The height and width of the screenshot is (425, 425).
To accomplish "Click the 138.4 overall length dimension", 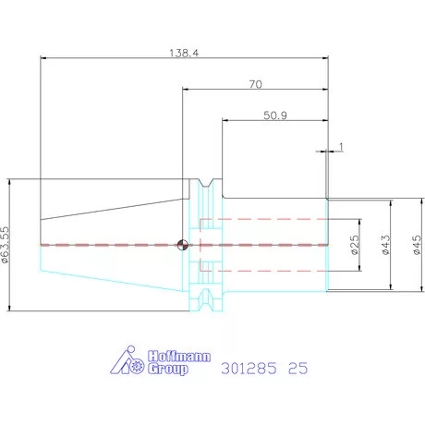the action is click(184, 53).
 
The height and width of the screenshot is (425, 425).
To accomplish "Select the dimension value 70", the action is click(256, 84).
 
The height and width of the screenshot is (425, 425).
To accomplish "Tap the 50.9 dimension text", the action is click(275, 115).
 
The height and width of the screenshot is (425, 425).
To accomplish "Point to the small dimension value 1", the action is click(341, 147).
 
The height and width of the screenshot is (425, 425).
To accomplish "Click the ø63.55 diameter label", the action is click(6, 245).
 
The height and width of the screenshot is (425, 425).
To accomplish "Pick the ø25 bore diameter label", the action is click(355, 245).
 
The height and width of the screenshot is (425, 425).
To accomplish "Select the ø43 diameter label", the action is click(385, 245).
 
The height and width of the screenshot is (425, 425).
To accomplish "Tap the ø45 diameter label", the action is click(417, 245).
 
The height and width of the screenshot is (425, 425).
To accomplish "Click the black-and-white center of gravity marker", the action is click(182, 245).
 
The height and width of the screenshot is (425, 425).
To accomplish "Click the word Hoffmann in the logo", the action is click(179, 357).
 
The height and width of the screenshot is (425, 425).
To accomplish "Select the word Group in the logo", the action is click(168, 369).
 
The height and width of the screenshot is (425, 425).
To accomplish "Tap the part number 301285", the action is click(249, 369).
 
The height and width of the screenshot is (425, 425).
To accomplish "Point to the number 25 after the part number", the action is click(297, 369).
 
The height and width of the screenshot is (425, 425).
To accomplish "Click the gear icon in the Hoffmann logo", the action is click(137, 367).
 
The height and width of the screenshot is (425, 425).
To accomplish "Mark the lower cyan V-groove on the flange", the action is click(206, 300).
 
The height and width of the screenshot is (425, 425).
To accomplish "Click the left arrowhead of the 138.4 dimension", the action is click(44, 57).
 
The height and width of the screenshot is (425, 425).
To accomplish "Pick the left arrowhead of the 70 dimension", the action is click(186, 90).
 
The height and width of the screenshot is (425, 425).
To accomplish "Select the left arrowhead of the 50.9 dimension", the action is click(225, 120).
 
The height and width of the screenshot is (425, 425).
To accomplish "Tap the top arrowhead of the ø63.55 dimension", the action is click(9, 182).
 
